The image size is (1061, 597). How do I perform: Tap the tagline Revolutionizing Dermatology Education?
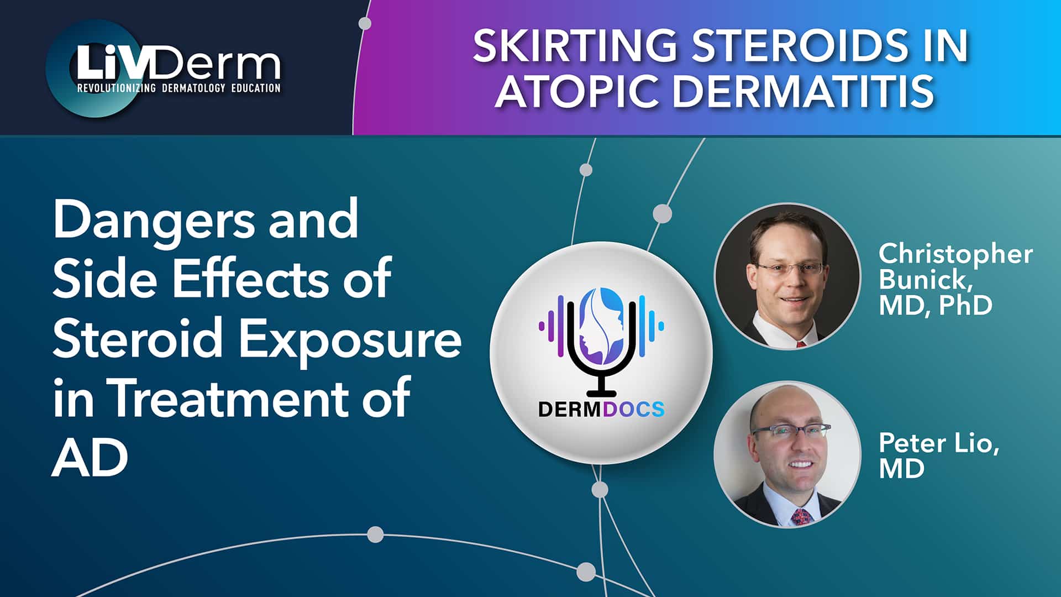pyautogui.click(x=178, y=87)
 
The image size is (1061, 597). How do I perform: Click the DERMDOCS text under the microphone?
pyautogui.click(x=601, y=410)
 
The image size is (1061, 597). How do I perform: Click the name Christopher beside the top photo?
pyautogui.click(x=955, y=254)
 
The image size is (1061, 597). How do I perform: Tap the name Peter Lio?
pyautogui.click(x=938, y=443)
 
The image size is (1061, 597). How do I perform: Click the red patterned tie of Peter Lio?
pyautogui.click(x=801, y=517)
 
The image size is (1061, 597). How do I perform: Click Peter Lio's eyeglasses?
pyautogui.click(x=791, y=431)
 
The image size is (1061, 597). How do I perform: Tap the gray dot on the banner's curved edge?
pyautogui.click(x=365, y=23)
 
